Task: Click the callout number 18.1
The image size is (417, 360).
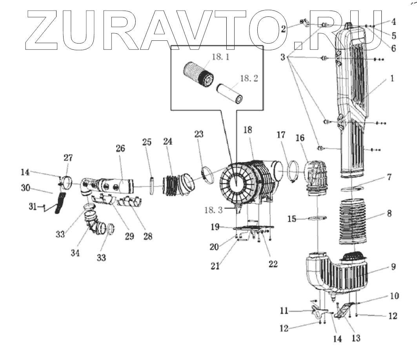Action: click(220, 57)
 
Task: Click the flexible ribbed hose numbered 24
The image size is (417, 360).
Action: click(171, 185)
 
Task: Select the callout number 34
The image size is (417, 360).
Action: click(75, 253)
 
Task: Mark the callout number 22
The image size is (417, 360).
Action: click(272, 264)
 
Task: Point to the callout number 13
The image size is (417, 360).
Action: click(356, 337)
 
